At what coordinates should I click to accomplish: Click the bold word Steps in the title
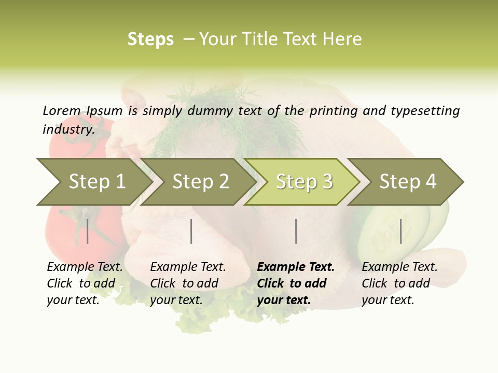coord(150,39)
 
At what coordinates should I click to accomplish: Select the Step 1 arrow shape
coord(93,182)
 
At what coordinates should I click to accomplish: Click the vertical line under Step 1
coord(88,231)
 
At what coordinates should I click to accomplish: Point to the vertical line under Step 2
coord(191,231)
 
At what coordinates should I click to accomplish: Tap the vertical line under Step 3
coord(296,231)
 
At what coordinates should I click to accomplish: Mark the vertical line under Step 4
coord(400,231)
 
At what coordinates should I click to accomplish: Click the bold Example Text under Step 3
coord(296,267)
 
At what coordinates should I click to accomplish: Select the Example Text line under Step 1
coord(85,267)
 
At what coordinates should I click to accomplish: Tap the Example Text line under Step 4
coord(399,267)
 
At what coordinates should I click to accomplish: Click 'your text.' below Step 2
coord(176,300)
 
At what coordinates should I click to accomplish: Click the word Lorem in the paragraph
coord(61,110)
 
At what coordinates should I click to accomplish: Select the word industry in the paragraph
coord(68,129)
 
